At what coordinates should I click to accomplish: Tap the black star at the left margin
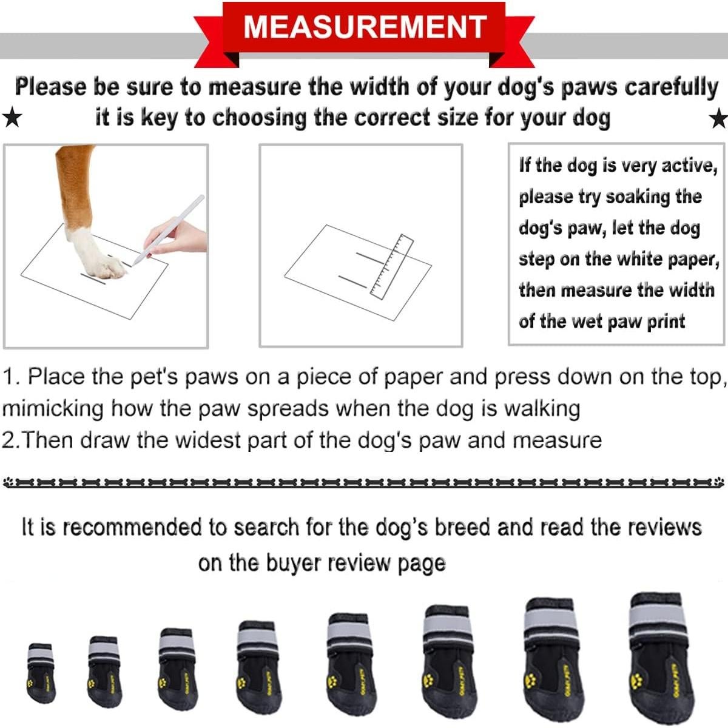pyautogui.click(x=12, y=118)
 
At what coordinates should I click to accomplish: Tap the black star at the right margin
pyautogui.click(x=719, y=119)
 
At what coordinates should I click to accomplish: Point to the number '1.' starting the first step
pyautogui.click(x=12, y=377)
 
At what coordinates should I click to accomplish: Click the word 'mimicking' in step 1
pyautogui.click(x=53, y=408)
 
